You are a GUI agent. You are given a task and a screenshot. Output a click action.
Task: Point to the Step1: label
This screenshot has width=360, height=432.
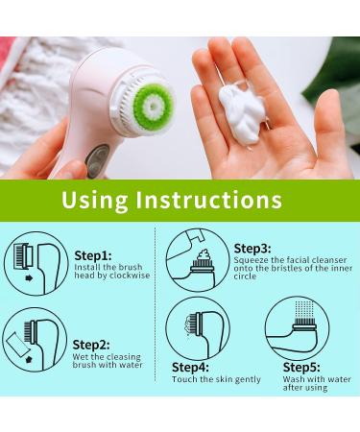click(93, 255)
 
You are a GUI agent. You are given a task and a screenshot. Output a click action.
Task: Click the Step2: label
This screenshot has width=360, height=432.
click(91, 344)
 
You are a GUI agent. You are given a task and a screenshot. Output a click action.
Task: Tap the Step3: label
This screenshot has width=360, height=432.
click(252, 248)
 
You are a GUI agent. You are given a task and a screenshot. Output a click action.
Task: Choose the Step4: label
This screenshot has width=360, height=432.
click(191, 367)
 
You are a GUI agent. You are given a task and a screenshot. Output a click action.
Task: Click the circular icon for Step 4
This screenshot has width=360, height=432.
click(198, 327)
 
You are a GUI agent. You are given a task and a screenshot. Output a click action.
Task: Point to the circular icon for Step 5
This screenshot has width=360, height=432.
click(299, 327)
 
